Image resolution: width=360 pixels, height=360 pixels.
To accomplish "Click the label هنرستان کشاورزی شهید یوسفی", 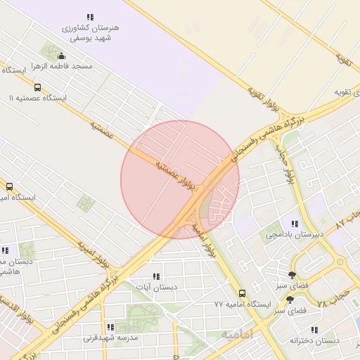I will click(x=91, y=32).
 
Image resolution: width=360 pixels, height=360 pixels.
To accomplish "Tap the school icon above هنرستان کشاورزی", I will click(x=90, y=16).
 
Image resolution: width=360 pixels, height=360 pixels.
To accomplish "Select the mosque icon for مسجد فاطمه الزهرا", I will click(x=61, y=56).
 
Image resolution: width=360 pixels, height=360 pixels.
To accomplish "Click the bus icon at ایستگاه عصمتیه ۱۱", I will click(x=37, y=89).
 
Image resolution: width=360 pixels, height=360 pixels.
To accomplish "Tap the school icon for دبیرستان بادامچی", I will click(x=304, y=224).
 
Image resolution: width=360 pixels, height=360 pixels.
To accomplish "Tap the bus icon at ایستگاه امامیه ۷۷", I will click(x=242, y=293).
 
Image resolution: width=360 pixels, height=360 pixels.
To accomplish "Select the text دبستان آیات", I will click(x=156, y=287).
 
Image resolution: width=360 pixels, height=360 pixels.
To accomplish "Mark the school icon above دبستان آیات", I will click(x=156, y=276).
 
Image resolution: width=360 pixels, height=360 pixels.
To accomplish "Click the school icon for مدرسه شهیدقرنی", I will click(x=110, y=327).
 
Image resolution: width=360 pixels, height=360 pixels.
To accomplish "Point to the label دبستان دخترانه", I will click(x=314, y=340).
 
